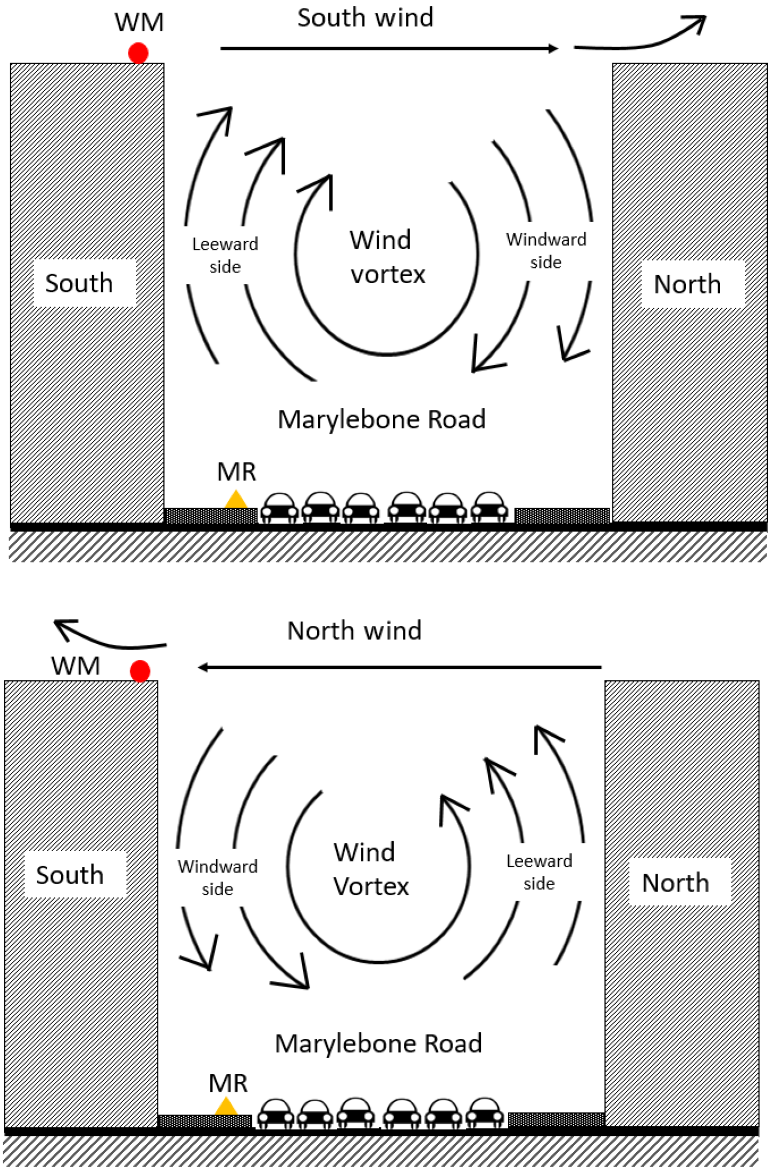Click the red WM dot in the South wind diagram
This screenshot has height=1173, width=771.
pyautogui.click(x=138, y=53)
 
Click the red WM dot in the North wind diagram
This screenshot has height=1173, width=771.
pyautogui.click(x=140, y=671)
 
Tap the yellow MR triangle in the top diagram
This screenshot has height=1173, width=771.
pyautogui.click(x=235, y=501)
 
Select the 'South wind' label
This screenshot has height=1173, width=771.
pyautogui.click(x=365, y=18)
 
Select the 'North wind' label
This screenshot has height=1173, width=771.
pyautogui.click(x=355, y=631)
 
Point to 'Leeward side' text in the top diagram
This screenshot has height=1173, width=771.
pyautogui.click(x=225, y=255)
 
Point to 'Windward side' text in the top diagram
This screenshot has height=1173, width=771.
pyautogui.click(x=546, y=251)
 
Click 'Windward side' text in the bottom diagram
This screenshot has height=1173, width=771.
pyautogui.click(x=218, y=877)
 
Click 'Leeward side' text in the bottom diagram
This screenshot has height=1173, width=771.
pyautogui.click(x=539, y=872)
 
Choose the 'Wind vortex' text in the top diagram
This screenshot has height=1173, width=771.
pyautogui.click(x=387, y=257)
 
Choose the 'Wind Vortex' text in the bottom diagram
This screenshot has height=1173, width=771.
pyautogui.click(x=371, y=869)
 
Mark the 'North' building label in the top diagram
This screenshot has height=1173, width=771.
pyautogui.click(x=687, y=284)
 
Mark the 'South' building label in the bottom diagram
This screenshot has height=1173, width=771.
pyautogui.click(x=70, y=875)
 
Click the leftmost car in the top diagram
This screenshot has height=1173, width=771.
pyautogui.click(x=280, y=507)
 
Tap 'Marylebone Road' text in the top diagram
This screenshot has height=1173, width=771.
pyautogui.click(x=381, y=419)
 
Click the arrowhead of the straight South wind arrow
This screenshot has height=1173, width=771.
pyautogui.click(x=553, y=49)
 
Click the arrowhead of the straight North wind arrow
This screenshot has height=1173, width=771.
pyautogui.click(x=203, y=667)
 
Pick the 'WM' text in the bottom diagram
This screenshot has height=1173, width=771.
pyautogui.click(x=76, y=666)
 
